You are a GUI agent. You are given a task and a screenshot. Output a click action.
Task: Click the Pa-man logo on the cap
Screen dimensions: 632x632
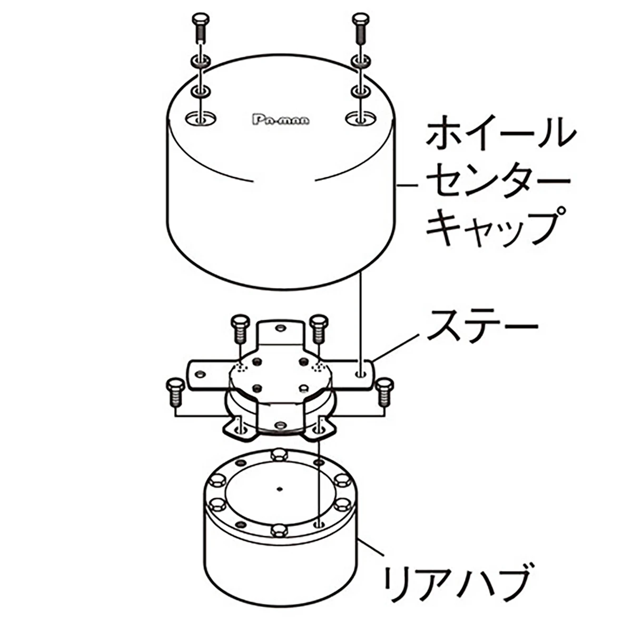281,120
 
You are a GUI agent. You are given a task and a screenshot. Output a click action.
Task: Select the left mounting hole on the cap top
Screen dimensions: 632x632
201,118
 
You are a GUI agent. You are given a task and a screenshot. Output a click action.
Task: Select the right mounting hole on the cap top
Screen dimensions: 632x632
361,118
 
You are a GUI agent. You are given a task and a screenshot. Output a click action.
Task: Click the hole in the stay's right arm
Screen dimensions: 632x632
362,374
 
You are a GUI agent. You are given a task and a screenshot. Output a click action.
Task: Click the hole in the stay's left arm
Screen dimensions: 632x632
200,373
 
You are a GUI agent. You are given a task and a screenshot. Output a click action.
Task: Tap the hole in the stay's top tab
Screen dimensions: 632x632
280,328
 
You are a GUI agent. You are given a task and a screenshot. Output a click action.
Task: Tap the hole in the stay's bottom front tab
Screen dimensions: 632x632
280,426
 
